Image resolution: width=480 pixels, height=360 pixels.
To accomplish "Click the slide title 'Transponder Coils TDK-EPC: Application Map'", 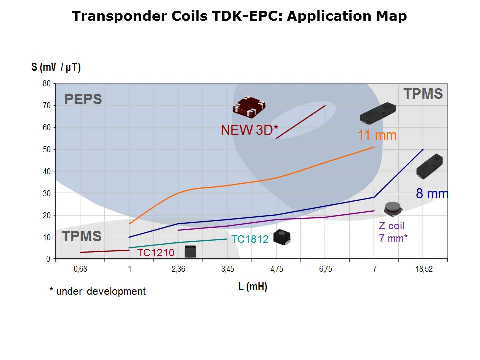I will [x=239, y=16].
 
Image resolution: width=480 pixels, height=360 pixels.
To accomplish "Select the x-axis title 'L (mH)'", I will [x=253, y=287].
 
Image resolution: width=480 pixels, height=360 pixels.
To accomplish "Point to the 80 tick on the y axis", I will [x=46, y=83].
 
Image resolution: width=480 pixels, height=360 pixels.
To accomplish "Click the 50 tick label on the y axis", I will [x=46, y=149].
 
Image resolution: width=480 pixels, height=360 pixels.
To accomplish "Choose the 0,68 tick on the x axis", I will [x=80, y=269].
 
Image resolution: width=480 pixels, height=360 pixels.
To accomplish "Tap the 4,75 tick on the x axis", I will [x=277, y=269].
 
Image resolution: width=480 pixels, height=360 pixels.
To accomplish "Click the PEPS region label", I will [x=83, y=99].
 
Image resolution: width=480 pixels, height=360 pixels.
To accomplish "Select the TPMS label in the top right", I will [x=423, y=94].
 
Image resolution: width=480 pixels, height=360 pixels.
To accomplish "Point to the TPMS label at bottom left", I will [x=81, y=236].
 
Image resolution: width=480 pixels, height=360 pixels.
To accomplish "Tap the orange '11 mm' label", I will [x=377, y=135].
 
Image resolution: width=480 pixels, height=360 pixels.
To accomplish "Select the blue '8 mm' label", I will [x=432, y=194].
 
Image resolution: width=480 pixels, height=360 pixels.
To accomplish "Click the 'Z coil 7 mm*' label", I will [x=393, y=232].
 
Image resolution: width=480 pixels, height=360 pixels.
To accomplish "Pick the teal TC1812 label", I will [x=250, y=239].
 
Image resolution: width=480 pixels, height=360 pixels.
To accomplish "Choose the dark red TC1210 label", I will [x=156, y=253].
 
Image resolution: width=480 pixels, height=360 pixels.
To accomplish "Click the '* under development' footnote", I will [x=98, y=291].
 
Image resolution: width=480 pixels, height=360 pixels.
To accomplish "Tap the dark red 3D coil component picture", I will [x=249, y=106].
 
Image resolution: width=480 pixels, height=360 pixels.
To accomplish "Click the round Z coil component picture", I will [x=393, y=208].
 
